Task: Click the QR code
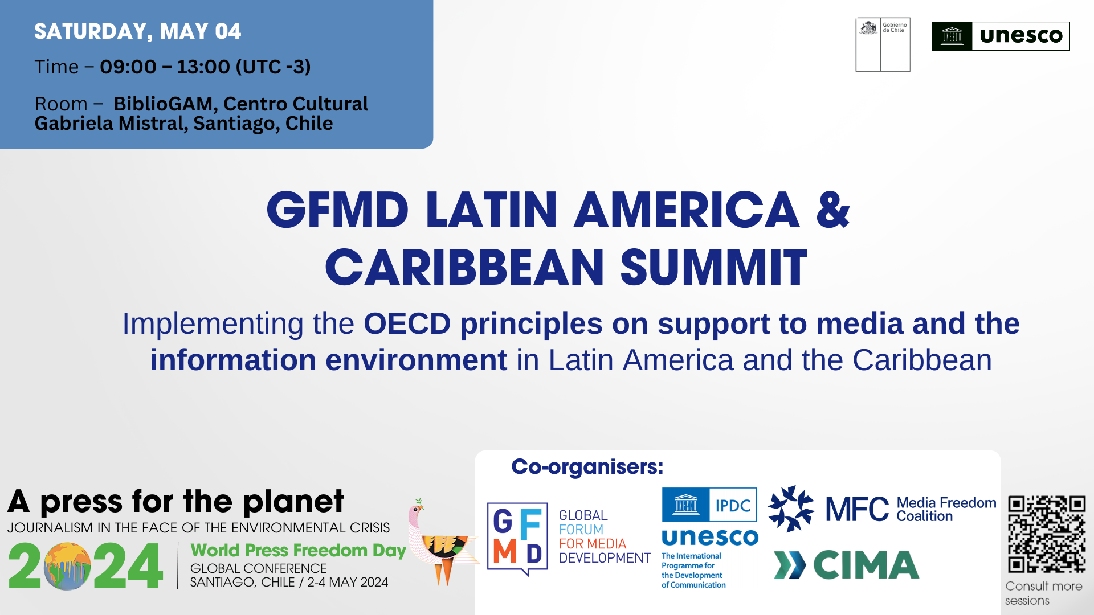pyautogui.click(x=1046, y=534)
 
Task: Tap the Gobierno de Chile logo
pyautogui.click(x=883, y=44)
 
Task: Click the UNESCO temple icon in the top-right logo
pyautogui.click(x=952, y=36)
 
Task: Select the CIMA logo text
pyautogui.click(x=866, y=565)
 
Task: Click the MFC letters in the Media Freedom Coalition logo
pyautogui.click(x=856, y=509)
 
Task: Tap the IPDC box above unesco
pyautogui.click(x=733, y=505)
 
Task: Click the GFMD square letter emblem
pyautogui.click(x=517, y=537)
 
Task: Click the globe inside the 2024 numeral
pyautogui.click(x=67, y=566)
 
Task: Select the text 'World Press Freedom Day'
pyautogui.click(x=298, y=551)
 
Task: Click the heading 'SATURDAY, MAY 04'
pyautogui.click(x=137, y=31)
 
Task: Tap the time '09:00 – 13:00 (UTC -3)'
pyautogui.click(x=205, y=67)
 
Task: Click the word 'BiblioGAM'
pyautogui.click(x=163, y=104)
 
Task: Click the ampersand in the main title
pyautogui.click(x=832, y=210)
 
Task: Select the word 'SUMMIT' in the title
pyautogui.click(x=713, y=268)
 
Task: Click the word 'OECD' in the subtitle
pyautogui.click(x=407, y=323)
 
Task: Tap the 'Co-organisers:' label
pyautogui.click(x=587, y=467)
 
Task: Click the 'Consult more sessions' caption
pyautogui.click(x=1043, y=593)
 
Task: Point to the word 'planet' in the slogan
pyautogui.click(x=293, y=502)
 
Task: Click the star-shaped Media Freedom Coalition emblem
pyautogui.click(x=791, y=509)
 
